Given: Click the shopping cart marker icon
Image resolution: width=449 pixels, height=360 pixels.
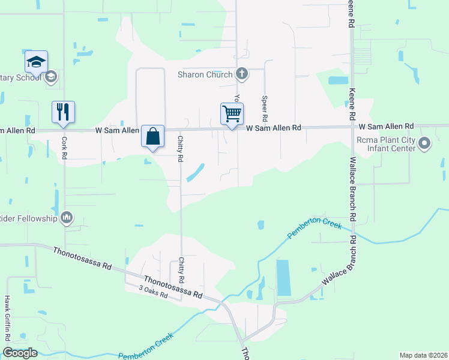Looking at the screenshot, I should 232,113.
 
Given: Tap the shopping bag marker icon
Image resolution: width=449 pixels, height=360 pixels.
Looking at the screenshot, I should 153,136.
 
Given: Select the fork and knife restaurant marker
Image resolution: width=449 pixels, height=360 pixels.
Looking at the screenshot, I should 63,112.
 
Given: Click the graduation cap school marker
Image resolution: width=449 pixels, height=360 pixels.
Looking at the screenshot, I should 36,62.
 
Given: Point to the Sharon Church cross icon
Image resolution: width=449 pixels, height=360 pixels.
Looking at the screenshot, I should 241,74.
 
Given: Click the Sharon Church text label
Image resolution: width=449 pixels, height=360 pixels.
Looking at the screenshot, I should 205,74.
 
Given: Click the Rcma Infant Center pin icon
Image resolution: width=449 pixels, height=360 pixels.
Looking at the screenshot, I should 425,143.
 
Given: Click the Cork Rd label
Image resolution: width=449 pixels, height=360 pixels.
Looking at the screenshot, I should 64,148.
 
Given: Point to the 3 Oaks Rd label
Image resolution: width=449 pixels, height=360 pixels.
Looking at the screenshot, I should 153,295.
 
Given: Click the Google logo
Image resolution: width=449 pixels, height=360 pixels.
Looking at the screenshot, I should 20,353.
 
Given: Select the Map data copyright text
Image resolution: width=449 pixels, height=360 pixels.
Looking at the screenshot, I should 423,355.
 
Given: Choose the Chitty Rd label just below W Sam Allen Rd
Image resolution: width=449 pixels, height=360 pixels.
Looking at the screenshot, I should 179,149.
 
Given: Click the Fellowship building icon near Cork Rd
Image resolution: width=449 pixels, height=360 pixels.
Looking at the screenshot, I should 67,217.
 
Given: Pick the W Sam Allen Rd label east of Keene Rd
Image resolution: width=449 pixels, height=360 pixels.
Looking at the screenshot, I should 387,126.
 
